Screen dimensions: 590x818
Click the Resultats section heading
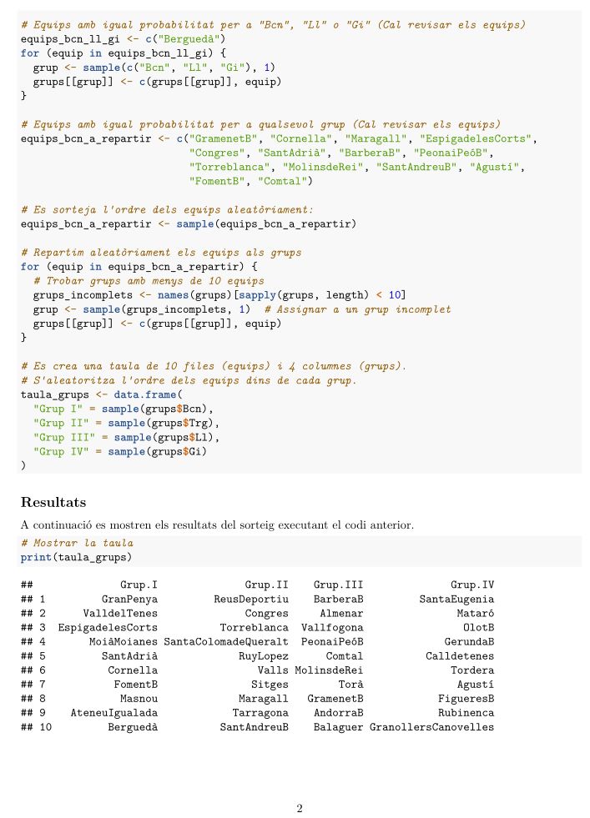53,502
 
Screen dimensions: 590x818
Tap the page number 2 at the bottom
300,808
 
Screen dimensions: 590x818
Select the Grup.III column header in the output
338,585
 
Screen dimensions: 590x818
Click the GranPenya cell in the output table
129,599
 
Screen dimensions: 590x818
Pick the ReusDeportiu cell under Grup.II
251,599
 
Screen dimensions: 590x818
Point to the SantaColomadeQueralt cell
226,642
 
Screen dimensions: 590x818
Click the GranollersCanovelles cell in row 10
431,727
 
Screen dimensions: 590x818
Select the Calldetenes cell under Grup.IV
460,655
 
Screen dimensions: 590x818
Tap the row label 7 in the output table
43,684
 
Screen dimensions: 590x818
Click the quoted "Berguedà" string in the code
194,38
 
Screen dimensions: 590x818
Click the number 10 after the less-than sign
395,294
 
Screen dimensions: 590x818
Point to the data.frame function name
145,394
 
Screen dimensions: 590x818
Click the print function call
36,557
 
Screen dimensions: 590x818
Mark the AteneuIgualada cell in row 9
114,713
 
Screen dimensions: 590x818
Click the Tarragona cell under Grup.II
260,713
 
